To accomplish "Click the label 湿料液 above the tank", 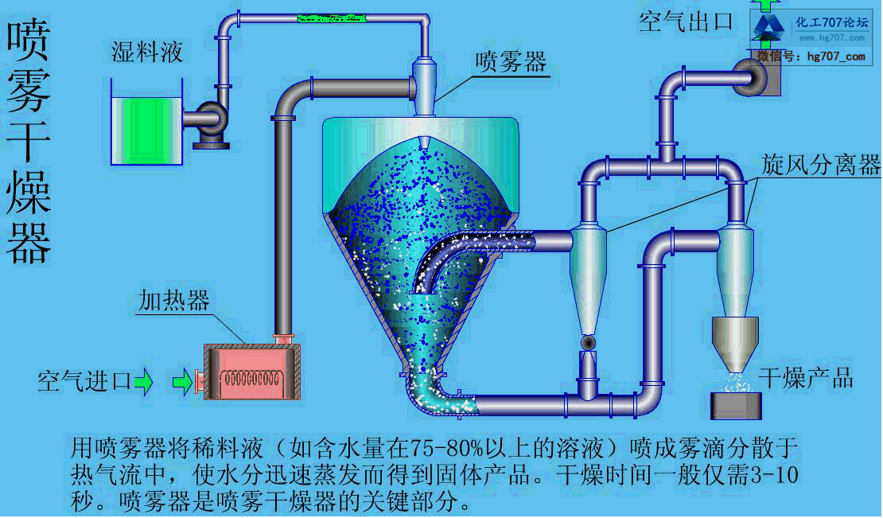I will [x=147, y=53].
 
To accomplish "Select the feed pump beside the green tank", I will [x=210, y=121].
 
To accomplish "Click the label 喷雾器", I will [x=511, y=62].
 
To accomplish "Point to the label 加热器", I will [x=173, y=300].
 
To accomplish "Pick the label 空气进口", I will [x=84, y=382].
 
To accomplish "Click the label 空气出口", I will [x=685, y=21].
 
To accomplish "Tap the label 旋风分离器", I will [x=820, y=165].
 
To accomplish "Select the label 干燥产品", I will [x=806, y=377].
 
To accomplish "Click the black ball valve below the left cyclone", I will [x=589, y=342].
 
